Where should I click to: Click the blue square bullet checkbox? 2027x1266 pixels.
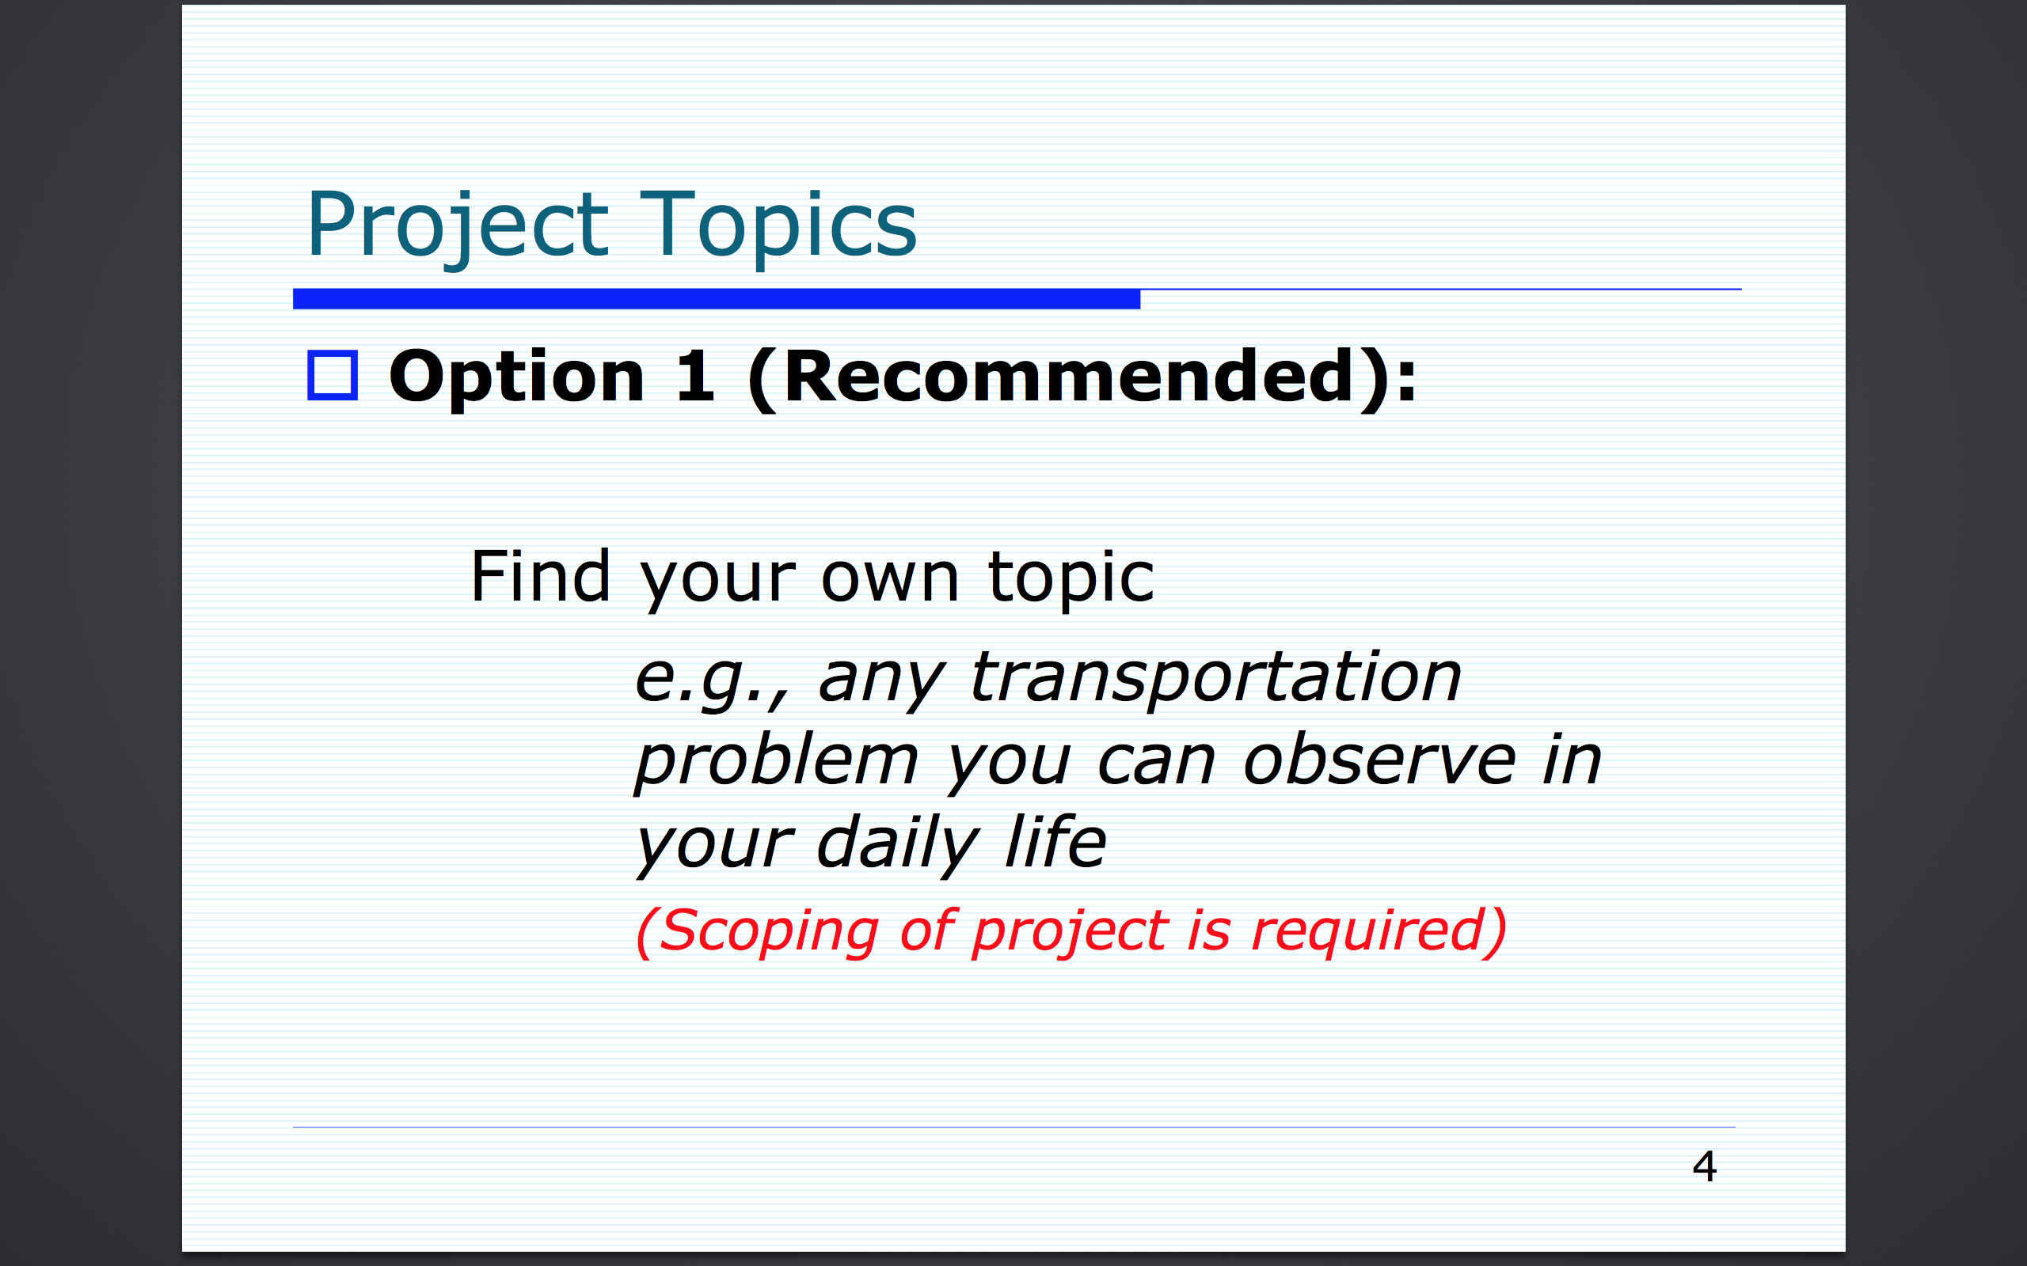click(333, 375)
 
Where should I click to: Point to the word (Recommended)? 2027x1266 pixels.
click(1082, 379)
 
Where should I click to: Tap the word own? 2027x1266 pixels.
click(889, 580)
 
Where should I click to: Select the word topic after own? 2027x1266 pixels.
click(1071, 578)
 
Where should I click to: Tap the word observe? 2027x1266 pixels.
click(1380, 760)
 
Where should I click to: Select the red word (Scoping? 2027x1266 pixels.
click(757, 932)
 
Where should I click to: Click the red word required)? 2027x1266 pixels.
click(1379, 932)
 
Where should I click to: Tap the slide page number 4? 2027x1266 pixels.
click(1705, 1166)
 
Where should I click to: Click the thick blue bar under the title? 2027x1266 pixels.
click(716, 299)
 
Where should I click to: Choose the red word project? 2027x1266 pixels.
click(1071, 932)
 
